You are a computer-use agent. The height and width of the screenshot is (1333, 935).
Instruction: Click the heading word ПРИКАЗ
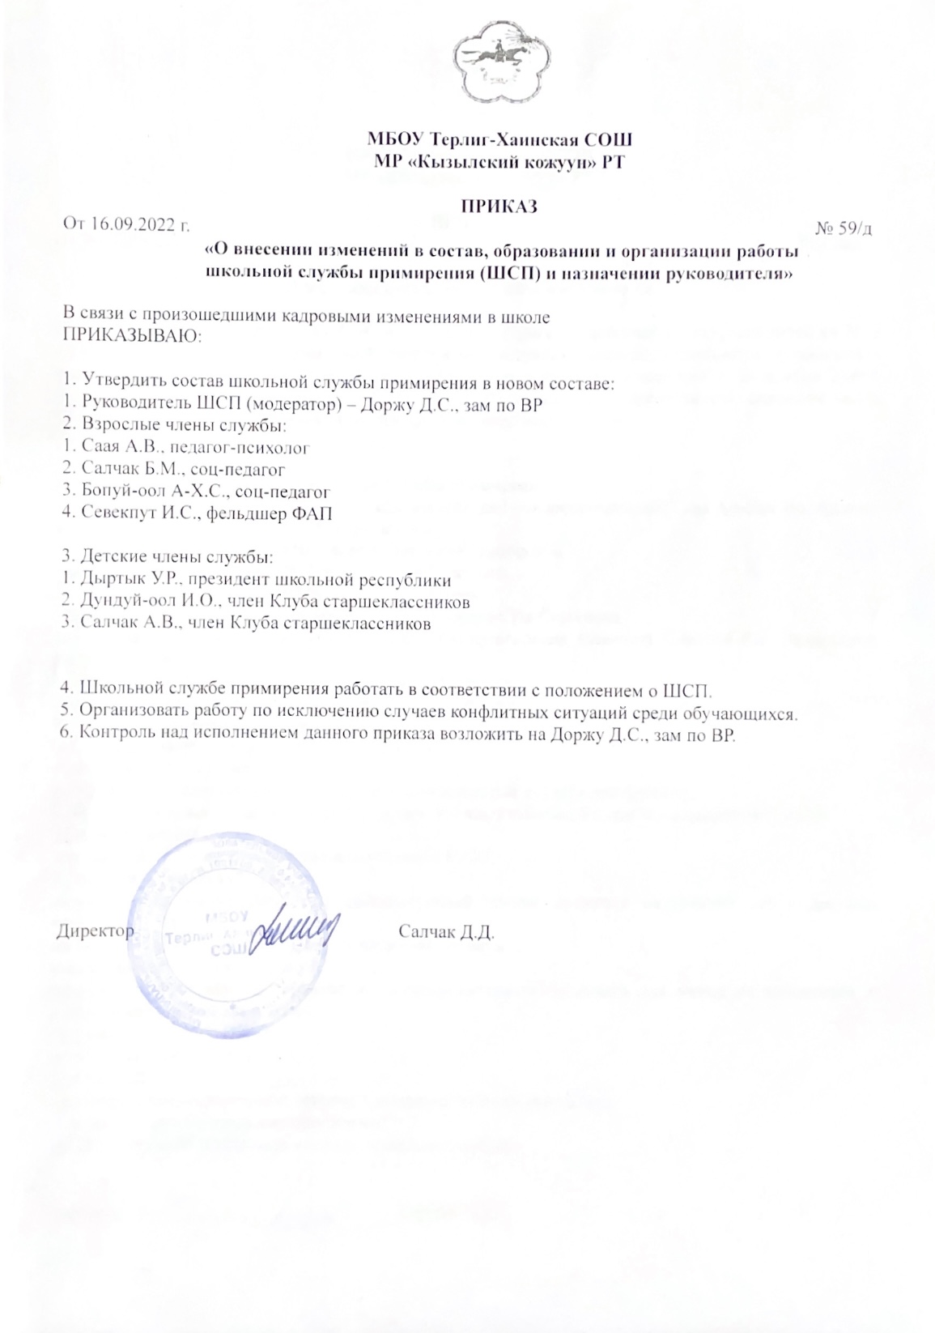pyautogui.click(x=499, y=207)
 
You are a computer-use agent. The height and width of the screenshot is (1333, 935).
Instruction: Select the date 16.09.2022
pyautogui.click(x=134, y=225)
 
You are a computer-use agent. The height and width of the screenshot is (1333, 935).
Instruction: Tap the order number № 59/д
pyautogui.click(x=843, y=229)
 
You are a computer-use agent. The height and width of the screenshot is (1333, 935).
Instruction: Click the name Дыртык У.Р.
pyautogui.click(x=127, y=580)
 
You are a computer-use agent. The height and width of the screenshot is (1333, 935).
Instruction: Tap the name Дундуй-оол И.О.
pyautogui.click(x=145, y=602)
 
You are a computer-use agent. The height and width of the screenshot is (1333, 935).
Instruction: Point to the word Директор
pyautogui.click(x=95, y=931)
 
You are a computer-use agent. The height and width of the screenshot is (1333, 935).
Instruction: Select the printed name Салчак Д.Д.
pyautogui.click(x=446, y=931)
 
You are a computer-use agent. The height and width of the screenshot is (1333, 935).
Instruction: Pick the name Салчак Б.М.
pyautogui.click(x=127, y=469)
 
